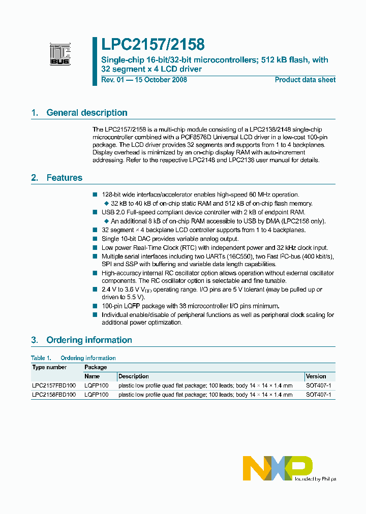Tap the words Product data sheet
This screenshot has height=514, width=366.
point(305,80)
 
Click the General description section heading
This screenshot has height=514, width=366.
point(86,113)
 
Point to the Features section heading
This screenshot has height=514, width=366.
point(64,178)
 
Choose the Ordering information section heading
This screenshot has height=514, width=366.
point(89,340)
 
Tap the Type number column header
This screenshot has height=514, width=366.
point(49,367)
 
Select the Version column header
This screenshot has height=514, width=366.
point(316,376)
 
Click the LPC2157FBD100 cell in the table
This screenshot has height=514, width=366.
point(54,385)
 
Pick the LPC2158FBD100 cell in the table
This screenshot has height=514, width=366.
point(54,395)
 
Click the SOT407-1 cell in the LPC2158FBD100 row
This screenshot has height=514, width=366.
point(319,395)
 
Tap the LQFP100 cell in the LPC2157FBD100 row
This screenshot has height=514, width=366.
point(97,385)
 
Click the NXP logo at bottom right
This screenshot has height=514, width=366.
point(278,468)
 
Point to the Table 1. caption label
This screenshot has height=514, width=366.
point(41,358)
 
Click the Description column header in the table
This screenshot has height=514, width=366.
point(134,376)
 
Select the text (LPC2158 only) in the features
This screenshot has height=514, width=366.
point(303,221)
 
